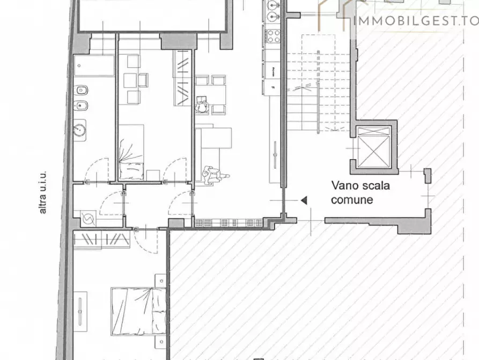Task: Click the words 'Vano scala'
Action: (361, 186)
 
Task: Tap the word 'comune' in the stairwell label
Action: (351, 200)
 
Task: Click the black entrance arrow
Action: (304, 200)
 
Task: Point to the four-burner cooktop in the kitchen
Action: (274, 37)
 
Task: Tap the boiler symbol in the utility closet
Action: (86, 219)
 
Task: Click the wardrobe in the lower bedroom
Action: (102, 240)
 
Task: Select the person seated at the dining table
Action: (202, 106)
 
